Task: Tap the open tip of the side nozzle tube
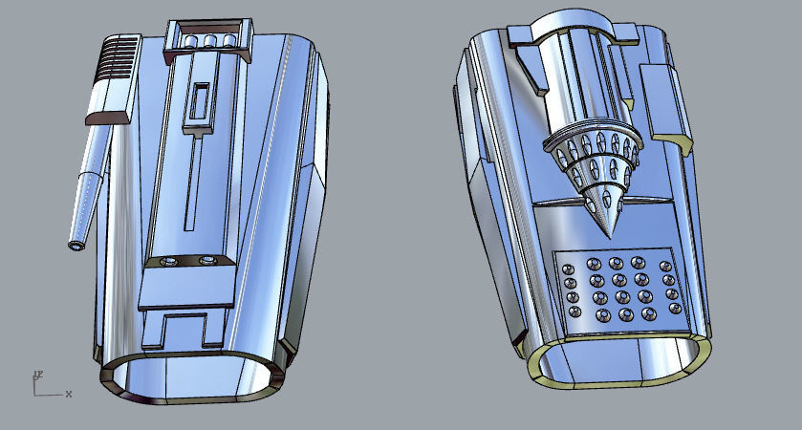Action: pyautogui.click(x=76, y=246)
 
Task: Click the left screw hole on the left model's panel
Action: pyautogui.click(x=170, y=260)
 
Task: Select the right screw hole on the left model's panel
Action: pyautogui.click(x=206, y=260)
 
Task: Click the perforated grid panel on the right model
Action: pyautogui.click(x=621, y=289)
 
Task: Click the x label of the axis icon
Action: pyautogui.click(x=69, y=394)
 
